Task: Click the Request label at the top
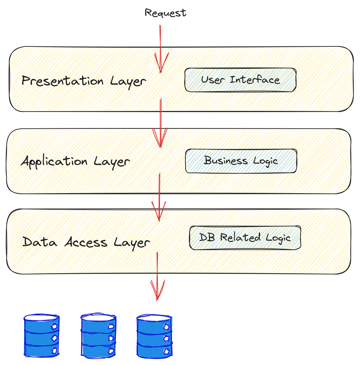[166, 13]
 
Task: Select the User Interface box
[240, 80]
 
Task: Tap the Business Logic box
[241, 161]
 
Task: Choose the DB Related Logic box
[245, 238]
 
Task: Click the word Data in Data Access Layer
[39, 242]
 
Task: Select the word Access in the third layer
[86, 243]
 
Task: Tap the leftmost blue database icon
[42, 336]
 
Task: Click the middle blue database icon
[98, 336]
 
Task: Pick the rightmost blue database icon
[154, 336]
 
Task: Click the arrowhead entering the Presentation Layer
[161, 64]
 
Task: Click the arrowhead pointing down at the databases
[157, 291]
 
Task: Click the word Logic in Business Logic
[266, 161]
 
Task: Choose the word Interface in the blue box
[255, 80]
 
